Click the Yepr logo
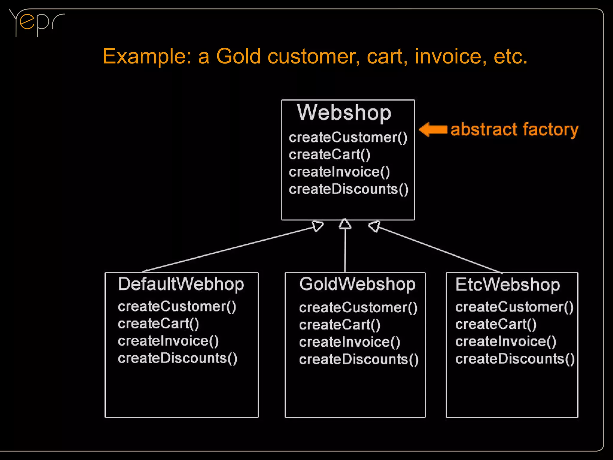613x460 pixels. (x=36, y=22)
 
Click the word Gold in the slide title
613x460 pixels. (x=238, y=56)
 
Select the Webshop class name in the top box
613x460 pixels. (x=344, y=113)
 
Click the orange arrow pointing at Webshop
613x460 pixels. (x=433, y=129)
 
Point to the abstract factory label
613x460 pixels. (x=514, y=129)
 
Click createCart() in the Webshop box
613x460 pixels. (x=330, y=155)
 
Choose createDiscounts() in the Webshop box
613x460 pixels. (x=348, y=189)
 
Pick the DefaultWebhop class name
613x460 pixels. (x=181, y=284)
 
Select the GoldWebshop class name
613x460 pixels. (x=357, y=284)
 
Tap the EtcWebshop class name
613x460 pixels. (x=508, y=284)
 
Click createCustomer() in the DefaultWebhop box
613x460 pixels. (x=177, y=307)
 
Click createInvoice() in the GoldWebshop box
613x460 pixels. (x=349, y=342)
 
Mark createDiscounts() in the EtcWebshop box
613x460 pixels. (x=515, y=359)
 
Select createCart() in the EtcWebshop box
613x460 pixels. (x=496, y=324)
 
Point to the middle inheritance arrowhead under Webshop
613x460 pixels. (x=345, y=224)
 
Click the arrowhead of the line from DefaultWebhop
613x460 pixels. (x=318, y=226)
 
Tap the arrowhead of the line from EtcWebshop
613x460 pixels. (x=374, y=226)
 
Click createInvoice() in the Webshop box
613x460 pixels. (x=339, y=172)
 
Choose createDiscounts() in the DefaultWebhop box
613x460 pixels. (x=177, y=358)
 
